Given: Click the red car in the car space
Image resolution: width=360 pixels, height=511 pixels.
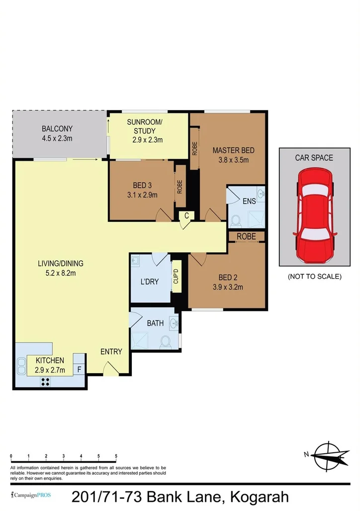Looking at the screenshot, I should pos(314,216).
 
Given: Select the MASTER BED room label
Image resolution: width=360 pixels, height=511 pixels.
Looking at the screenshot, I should pos(233,150).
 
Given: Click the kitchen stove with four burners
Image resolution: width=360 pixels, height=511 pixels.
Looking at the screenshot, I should pos(45,382).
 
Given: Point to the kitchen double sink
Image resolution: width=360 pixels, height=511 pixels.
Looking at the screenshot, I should pos(21,366).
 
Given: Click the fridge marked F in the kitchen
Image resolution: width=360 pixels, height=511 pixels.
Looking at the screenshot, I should pos(79,370).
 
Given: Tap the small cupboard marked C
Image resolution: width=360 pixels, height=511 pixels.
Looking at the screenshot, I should pos(186,215).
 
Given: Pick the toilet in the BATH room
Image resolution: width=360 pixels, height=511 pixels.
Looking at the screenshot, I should pos(166,341).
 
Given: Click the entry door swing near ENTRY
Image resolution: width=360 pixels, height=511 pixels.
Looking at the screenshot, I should pos(110,369).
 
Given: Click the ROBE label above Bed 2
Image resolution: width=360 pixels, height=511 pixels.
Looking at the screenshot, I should pos(246,237).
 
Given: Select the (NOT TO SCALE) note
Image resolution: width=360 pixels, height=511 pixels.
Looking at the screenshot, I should pos(314,277).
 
